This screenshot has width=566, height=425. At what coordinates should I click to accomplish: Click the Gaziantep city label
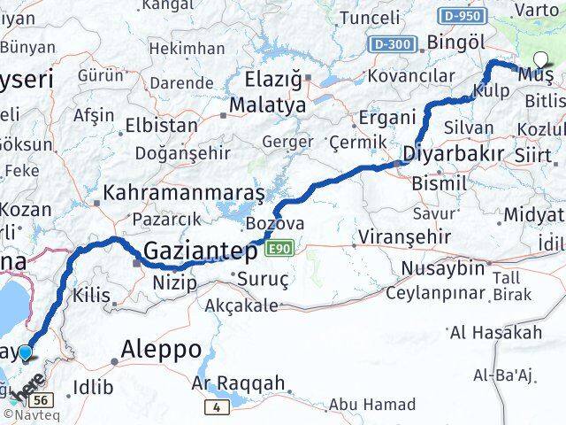(x=201, y=251)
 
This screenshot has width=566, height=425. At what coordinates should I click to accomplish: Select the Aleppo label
(x=162, y=348)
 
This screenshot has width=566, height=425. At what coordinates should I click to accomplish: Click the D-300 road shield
(x=391, y=42)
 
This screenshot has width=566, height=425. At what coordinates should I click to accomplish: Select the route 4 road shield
(x=215, y=406)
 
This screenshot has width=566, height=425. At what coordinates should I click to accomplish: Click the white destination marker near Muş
(x=541, y=60)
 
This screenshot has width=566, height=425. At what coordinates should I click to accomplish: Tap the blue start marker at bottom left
(x=26, y=352)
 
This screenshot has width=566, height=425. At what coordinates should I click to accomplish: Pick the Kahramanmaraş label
(x=184, y=192)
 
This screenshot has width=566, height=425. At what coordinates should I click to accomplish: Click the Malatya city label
(x=267, y=105)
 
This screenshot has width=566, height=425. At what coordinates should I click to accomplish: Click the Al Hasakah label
(x=509, y=333)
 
